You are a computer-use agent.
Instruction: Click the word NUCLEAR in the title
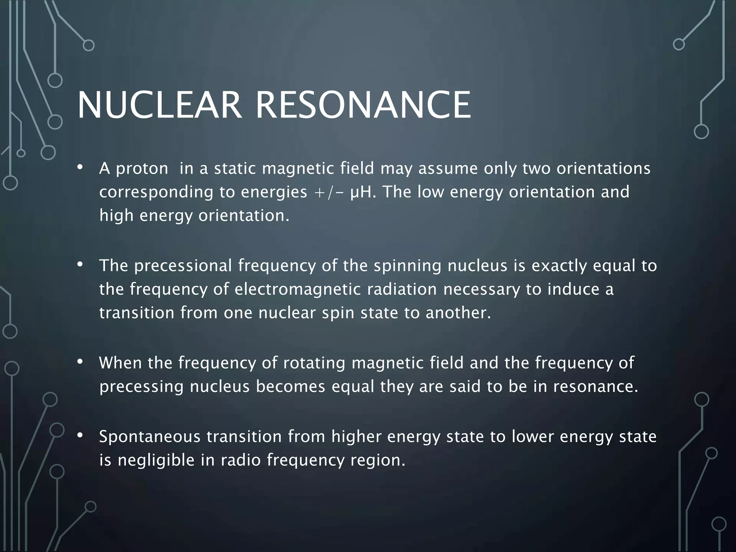pyautogui.click(x=159, y=105)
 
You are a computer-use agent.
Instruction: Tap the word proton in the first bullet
pyautogui.click(x=142, y=169)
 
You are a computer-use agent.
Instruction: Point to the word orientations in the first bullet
pyautogui.click(x=603, y=168)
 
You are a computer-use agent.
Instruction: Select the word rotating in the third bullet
pyautogui.click(x=314, y=363)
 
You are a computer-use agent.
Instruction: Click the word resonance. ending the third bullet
pyautogui.click(x=595, y=387)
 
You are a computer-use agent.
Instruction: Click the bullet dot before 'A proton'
pyautogui.click(x=80, y=168)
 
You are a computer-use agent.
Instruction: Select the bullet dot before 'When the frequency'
pyautogui.click(x=80, y=362)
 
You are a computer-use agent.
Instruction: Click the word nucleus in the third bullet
pyautogui.click(x=220, y=387)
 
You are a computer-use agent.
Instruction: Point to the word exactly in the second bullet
pyautogui.click(x=559, y=266)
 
